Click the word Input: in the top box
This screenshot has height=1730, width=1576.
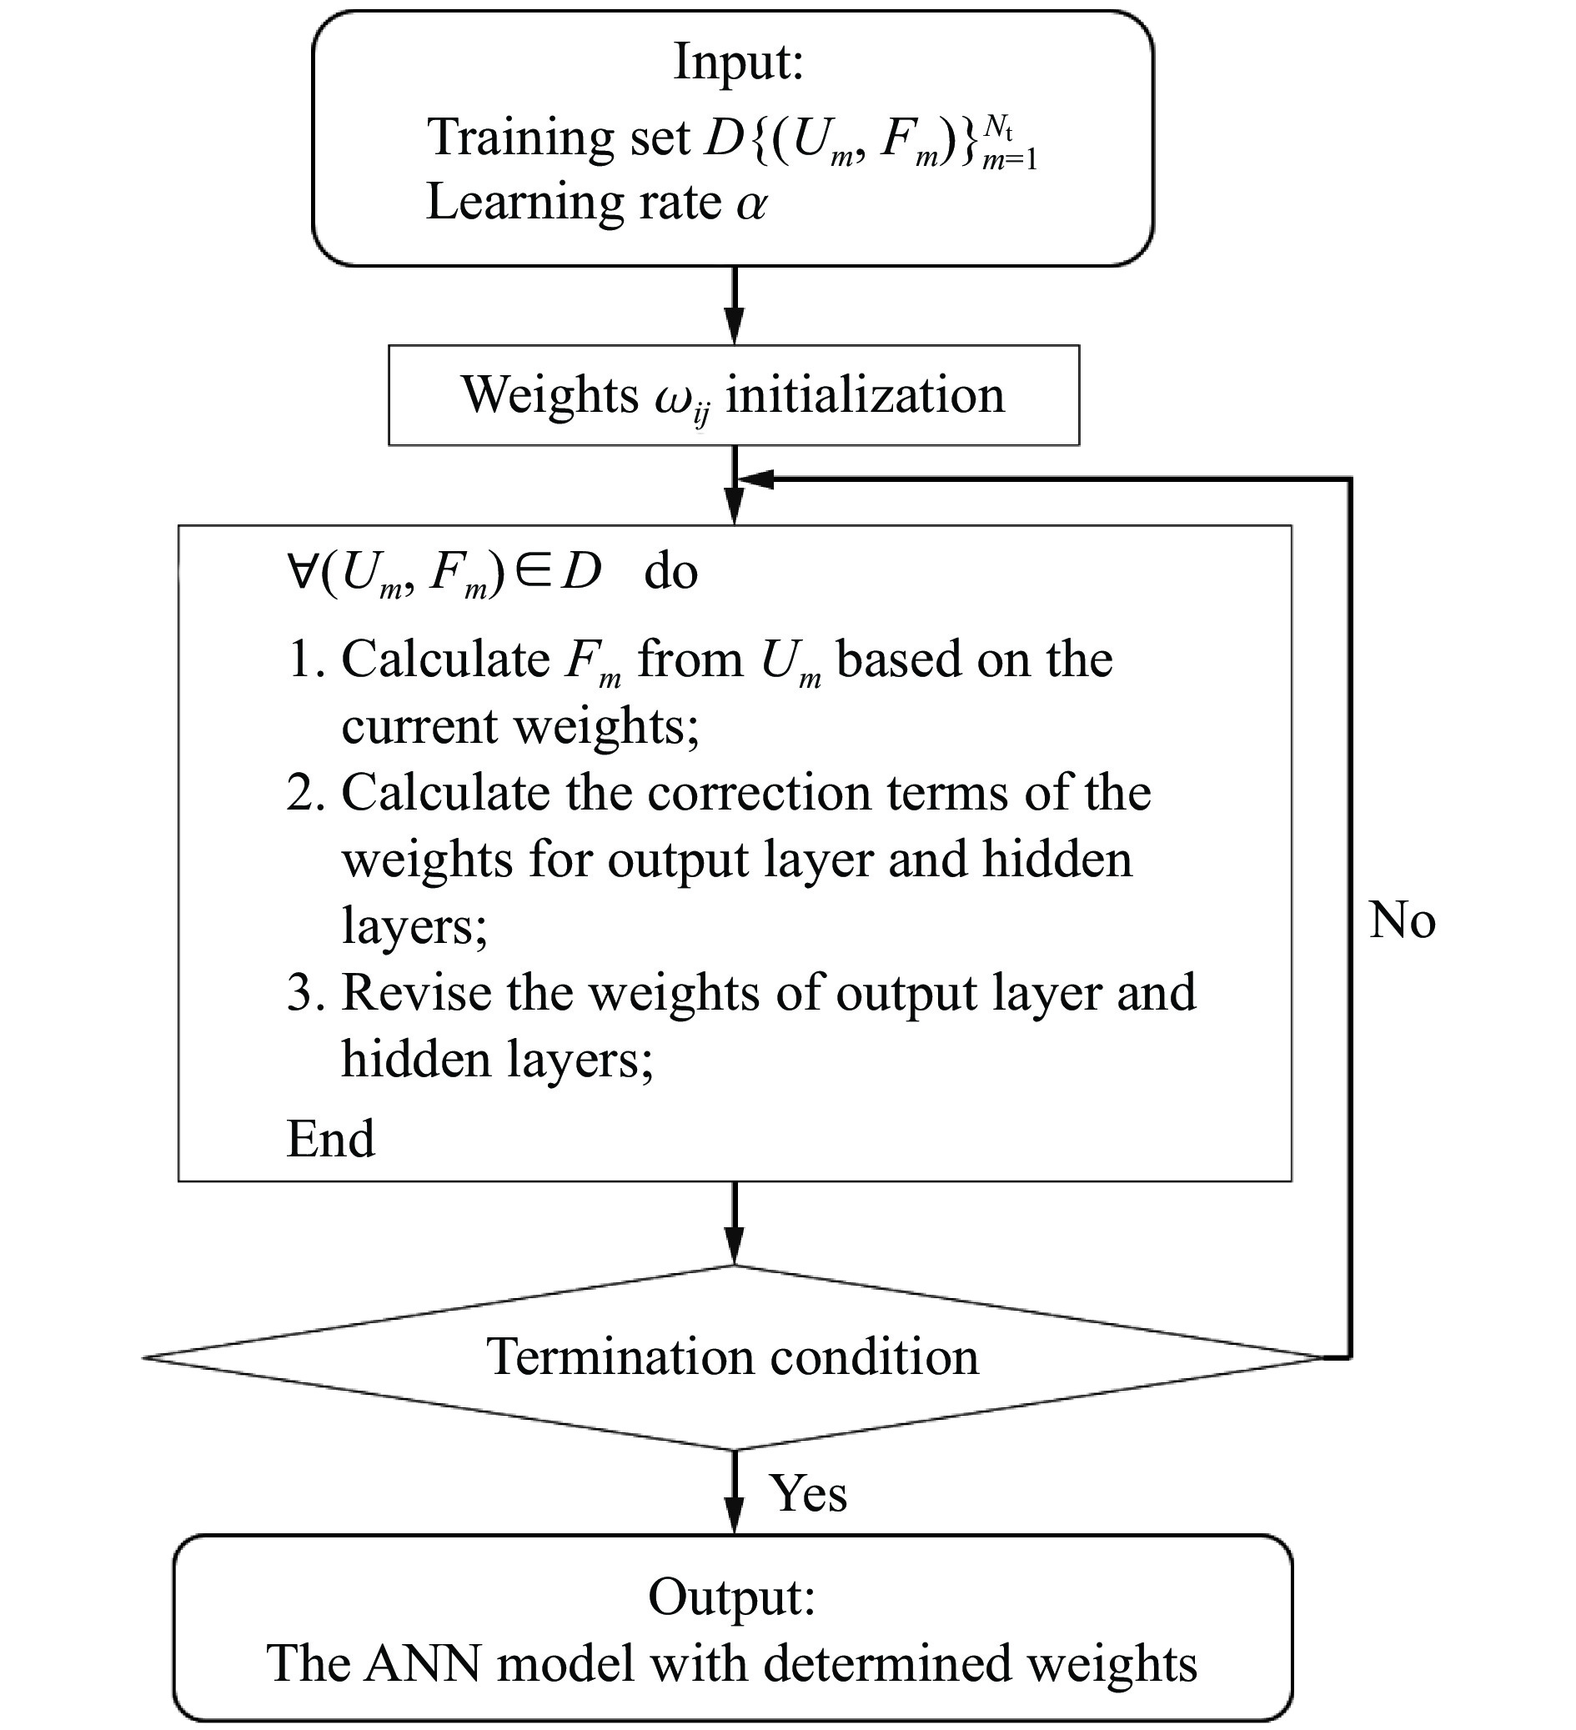(x=737, y=62)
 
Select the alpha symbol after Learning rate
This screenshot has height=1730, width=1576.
(x=751, y=204)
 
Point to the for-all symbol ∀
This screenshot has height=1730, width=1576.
(x=303, y=569)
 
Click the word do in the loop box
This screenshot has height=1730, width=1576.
(x=670, y=571)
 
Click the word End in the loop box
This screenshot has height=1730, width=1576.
(x=330, y=1139)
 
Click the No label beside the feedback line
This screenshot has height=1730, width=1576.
(x=1402, y=920)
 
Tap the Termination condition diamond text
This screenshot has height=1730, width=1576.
(x=732, y=1356)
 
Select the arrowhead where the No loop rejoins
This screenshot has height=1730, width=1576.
(x=755, y=479)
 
